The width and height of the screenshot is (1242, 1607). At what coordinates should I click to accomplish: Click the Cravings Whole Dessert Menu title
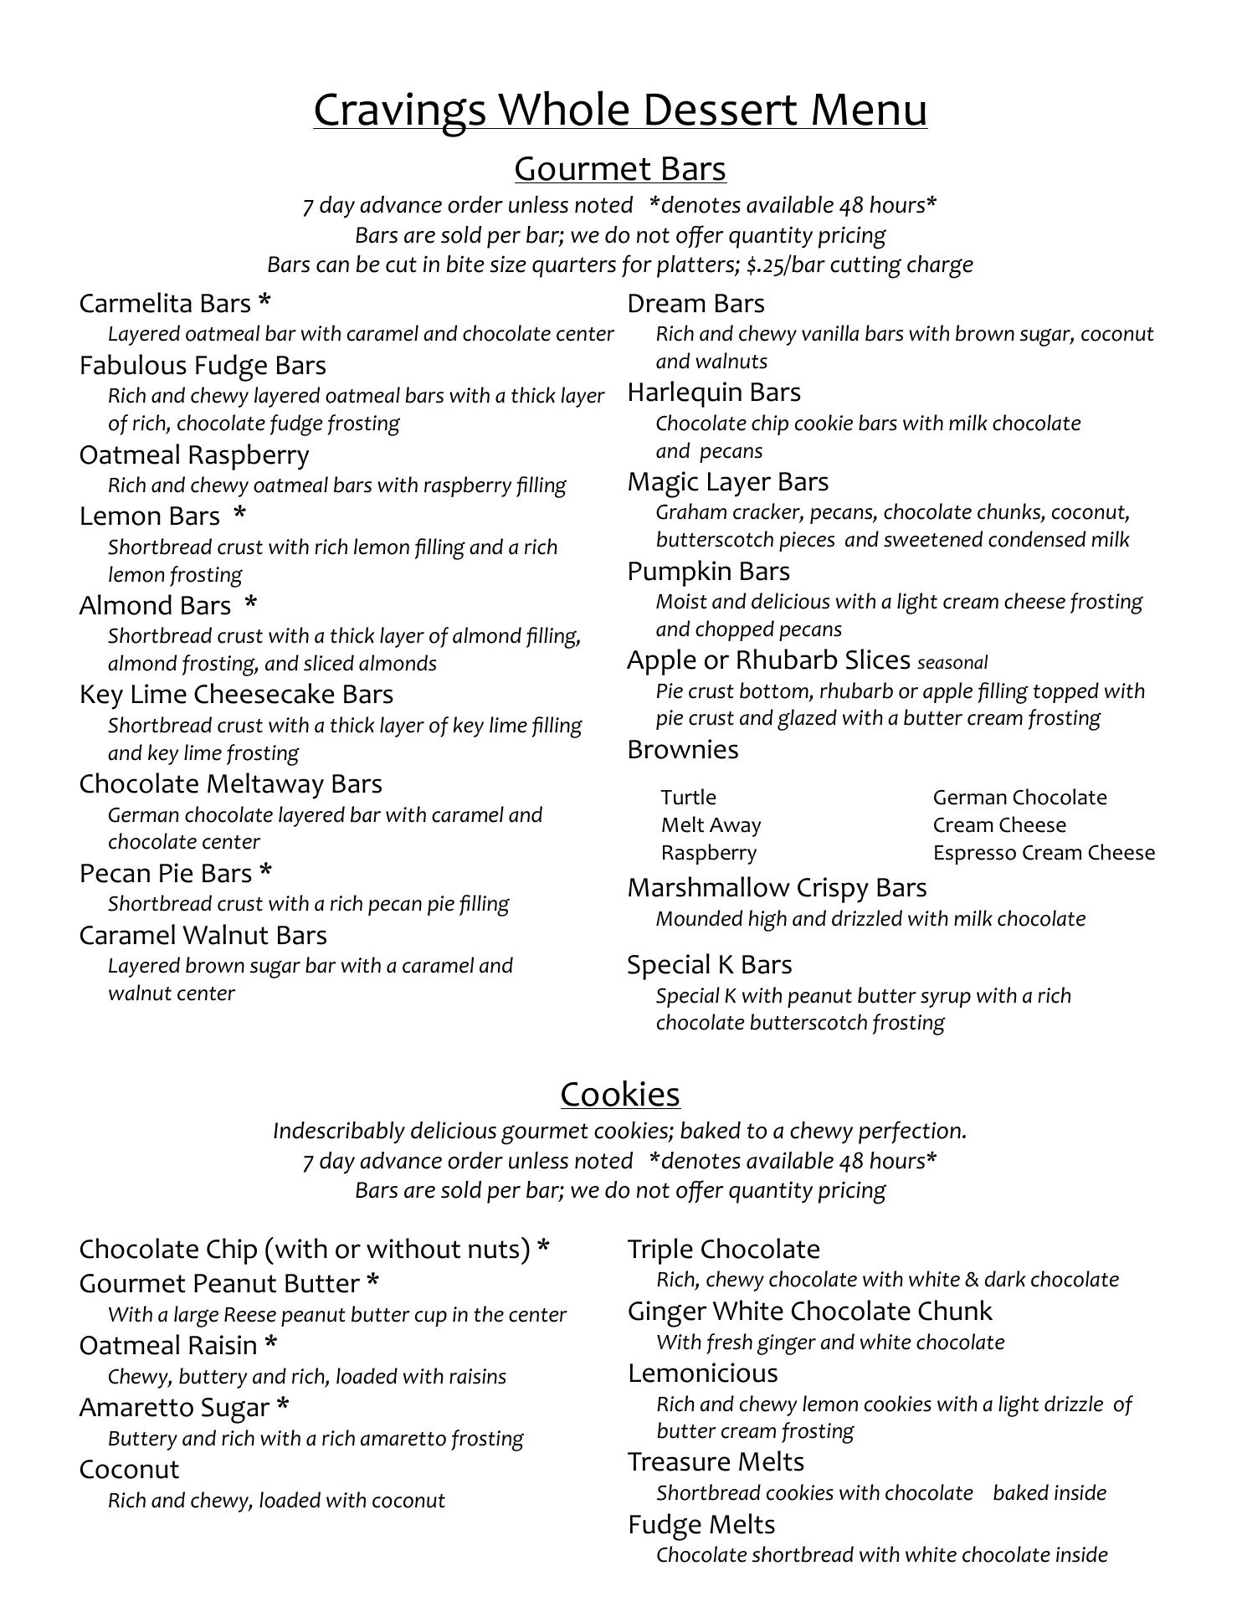(620, 110)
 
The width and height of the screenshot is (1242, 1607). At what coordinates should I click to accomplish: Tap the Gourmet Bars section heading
(620, 168)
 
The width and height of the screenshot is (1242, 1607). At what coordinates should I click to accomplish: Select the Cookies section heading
(620, 1094)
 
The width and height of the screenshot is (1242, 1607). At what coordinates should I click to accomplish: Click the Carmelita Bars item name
(165, 303)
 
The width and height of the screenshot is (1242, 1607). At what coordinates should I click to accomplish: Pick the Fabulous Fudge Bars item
(203, 365)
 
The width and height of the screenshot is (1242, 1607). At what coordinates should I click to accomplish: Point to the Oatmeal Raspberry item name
(194, 454)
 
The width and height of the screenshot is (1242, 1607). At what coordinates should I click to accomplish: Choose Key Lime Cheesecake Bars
(236, 694)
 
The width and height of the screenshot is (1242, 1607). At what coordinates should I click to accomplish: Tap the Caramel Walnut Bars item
(203, 935)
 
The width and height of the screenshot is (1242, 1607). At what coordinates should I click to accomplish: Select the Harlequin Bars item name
(714, 392)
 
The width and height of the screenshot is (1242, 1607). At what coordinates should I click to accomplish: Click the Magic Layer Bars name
(728, 481)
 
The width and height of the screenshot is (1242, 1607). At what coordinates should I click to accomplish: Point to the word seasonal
(952, 663)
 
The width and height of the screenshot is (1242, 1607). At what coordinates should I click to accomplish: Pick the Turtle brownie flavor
(689, 797)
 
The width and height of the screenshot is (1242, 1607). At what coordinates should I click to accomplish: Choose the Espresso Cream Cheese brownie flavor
(1044, 852)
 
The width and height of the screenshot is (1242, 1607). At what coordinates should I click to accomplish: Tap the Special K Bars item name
(710, 964)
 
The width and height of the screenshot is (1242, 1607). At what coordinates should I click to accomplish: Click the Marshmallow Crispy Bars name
(777, 887)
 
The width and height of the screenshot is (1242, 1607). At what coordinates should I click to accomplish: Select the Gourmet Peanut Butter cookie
(219, 1283)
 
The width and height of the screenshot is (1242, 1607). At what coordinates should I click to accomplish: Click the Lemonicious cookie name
(703, 1373)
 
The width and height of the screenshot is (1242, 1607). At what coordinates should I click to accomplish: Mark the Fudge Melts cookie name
(701, 1524)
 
